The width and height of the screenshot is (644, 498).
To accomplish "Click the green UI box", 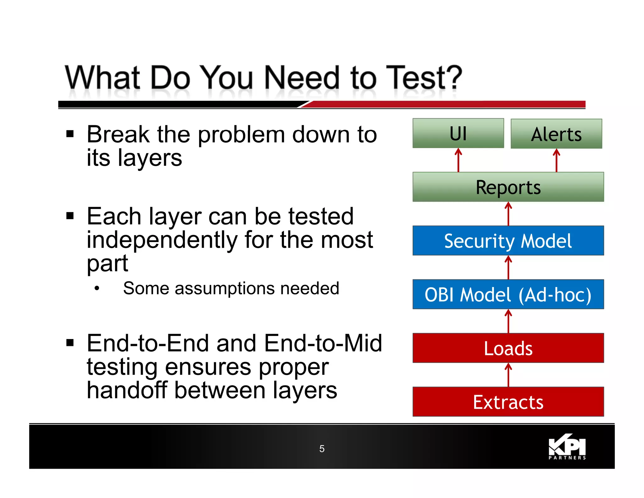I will point(458,133).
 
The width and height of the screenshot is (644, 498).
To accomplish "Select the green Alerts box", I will point(556,134).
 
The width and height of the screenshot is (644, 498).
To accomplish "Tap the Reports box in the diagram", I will point(508,187).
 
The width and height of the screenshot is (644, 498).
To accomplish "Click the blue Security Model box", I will point(508,241).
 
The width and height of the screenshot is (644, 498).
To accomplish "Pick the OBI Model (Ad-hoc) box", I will point(508,294).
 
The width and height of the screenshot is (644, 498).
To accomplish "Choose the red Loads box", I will point(508,348).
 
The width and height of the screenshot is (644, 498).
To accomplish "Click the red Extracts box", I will point(508,402).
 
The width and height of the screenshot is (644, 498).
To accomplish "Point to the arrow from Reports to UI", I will point(458,160).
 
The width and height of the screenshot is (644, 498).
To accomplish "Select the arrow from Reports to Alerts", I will point(556,160).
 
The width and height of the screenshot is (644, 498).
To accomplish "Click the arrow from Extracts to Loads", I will point(508,375).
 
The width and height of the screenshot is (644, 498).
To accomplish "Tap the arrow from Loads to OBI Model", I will point(508,321).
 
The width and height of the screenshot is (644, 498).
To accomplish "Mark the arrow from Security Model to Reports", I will point(508,214).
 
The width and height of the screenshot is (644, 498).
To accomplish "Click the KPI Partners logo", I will point(567,447).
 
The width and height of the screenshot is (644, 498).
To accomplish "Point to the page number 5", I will point(322,449).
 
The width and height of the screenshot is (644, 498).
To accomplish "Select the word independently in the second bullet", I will point(162,240).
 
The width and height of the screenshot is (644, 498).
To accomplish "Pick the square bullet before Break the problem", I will point(70,134).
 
